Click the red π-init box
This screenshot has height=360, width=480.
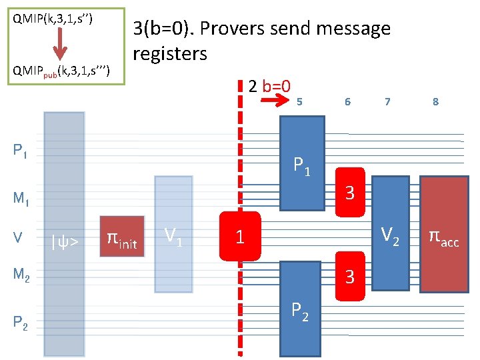pyautogui.click(x=122, y=237)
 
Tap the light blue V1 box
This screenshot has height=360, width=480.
pyautogui.click(x=173, y=234)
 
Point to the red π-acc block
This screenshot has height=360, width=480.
pyautogui.click(x=443, y=237)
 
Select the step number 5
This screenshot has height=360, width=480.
pyautogui.click(x=300, y=101)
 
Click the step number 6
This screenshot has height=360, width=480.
pyautogui.click(x=347, y=101)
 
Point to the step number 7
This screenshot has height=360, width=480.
pyautogui.click(x=387, y=101)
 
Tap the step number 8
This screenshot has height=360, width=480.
pyautogui.click(x=435, y=101)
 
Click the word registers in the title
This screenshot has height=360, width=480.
pyautogui.click(x=170, y=53)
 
